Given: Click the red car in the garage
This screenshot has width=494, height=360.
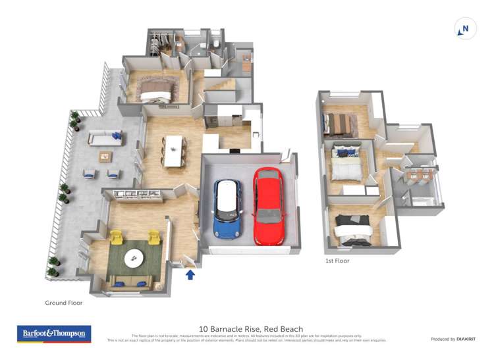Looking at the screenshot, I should pos(268,205).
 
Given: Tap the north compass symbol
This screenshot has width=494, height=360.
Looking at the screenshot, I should pos(466,29).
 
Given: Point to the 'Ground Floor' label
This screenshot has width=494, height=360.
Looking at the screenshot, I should pos(63,303).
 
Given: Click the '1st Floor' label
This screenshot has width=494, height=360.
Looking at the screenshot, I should pos(337,261).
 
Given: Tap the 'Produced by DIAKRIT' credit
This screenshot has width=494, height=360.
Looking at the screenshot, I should pos(453,339).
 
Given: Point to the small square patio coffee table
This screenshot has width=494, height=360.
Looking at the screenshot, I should pos(105,156).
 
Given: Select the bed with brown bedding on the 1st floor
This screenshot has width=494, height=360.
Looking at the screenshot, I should pos(340,123).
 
